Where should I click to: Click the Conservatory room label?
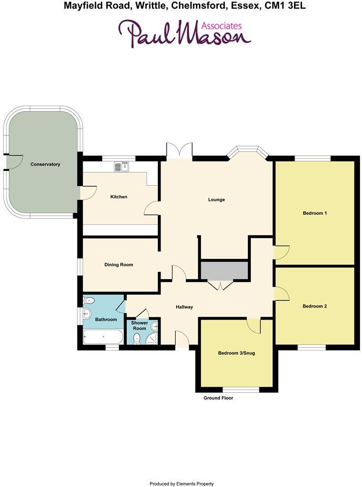45,164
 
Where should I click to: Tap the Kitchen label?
119,197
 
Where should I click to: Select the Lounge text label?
216,199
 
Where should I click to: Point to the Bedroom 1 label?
314,213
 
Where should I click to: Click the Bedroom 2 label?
314,306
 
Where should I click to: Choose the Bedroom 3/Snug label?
237,353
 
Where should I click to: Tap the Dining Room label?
118,265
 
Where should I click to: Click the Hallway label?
184,307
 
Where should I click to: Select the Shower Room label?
139,326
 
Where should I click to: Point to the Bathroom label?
106,320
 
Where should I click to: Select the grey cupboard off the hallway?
224,270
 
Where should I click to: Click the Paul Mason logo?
184,33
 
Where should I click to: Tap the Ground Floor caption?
218,398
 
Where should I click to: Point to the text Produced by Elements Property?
181,483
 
